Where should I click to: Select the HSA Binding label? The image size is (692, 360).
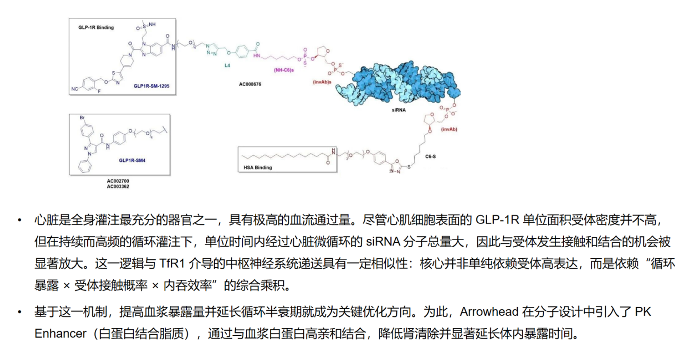[x=258, y=167]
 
